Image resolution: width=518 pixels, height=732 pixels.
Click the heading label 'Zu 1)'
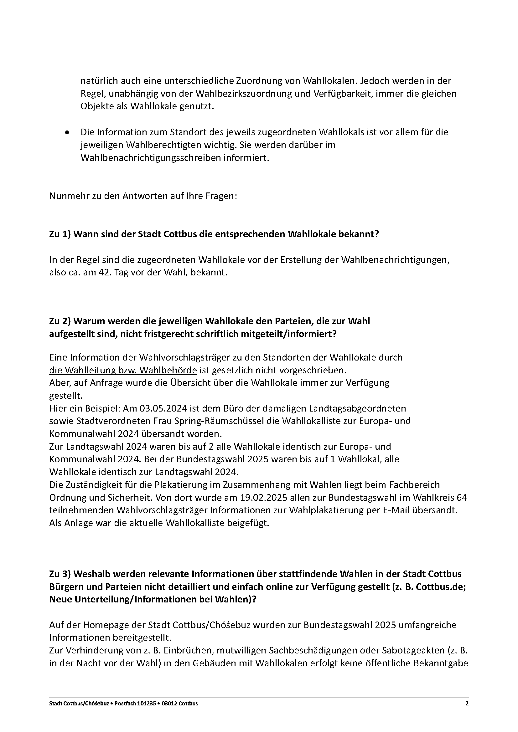60,234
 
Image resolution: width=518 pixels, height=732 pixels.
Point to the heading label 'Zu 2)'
60,321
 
